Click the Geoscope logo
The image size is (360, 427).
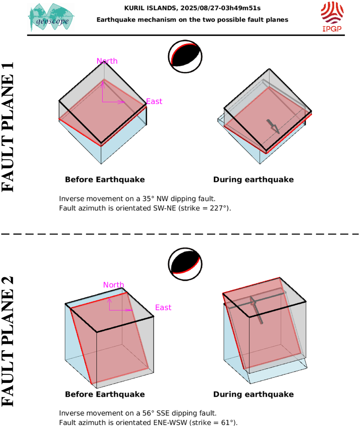pos(51,17)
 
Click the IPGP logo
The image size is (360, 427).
pos(332,16)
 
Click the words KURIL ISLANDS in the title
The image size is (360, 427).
pos(150,8)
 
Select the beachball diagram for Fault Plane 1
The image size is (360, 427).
pos(185,57)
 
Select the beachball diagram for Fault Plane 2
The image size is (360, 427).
pos(185,264)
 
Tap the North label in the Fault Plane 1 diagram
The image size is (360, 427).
pos(107,61)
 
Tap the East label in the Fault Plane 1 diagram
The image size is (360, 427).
pos(154,101)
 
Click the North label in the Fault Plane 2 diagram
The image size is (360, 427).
pos(114,285)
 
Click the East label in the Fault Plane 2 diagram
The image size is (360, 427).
pos(163,307)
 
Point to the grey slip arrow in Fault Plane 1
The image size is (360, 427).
pos(273,127)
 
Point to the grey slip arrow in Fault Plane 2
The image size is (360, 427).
pos(256,310)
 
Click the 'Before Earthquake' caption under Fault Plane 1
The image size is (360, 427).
pos(105,180)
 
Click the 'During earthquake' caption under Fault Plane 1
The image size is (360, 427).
pos(253,180)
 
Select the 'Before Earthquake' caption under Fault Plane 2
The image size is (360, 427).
pos(105,394)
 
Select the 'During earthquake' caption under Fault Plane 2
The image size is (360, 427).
pos(253,394)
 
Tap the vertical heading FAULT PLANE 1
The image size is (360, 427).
pos(8,127)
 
